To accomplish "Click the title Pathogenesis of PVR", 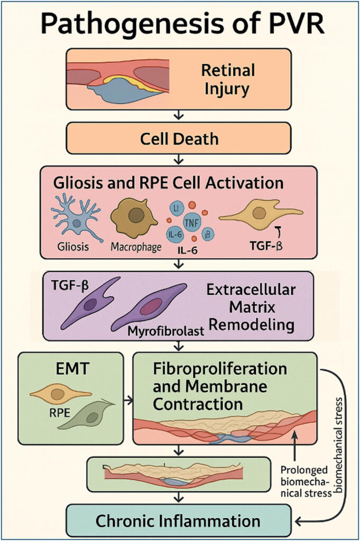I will pos(180,24).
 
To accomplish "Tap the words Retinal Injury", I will pos(227,79).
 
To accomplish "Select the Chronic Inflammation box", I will pos(179,520).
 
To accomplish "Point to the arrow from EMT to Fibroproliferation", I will pos(127,401).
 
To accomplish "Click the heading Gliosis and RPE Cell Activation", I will pos(168,184).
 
